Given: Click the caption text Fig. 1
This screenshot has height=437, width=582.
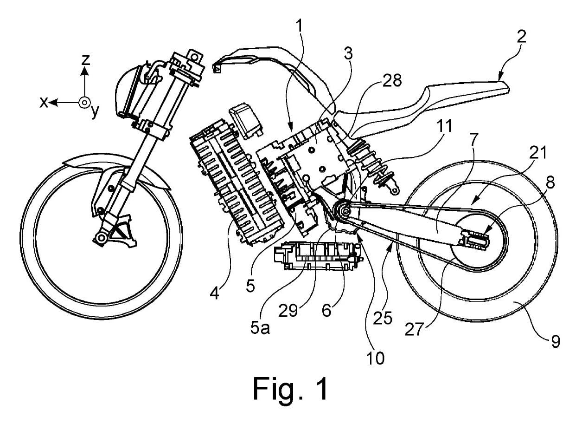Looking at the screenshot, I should tap(291, 388).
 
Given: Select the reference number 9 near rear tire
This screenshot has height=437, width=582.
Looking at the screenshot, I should tap(556, 342).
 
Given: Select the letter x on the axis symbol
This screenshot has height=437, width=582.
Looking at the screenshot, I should tap(43, 103).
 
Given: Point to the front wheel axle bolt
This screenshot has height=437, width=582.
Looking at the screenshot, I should tap(99, 239).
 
